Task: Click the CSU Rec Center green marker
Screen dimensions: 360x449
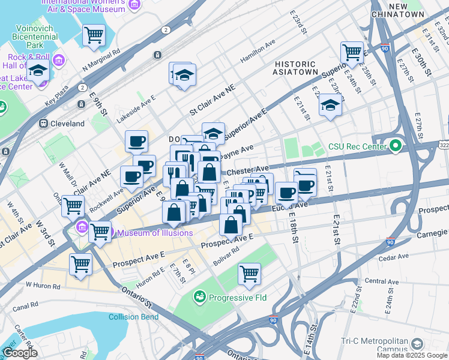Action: [395, 146]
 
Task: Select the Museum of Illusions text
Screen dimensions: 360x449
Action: [155, 233]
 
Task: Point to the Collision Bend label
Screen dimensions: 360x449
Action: [134, 317]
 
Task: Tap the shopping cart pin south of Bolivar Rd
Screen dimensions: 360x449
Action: [249, 274]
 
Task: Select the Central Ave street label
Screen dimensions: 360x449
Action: [382, 281]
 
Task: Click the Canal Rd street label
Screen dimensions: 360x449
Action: [25, 306]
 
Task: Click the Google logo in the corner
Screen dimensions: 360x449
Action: [20, 353]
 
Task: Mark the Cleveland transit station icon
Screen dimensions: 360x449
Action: [44, 124]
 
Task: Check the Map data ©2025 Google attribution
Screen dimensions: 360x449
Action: [412, 355]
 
